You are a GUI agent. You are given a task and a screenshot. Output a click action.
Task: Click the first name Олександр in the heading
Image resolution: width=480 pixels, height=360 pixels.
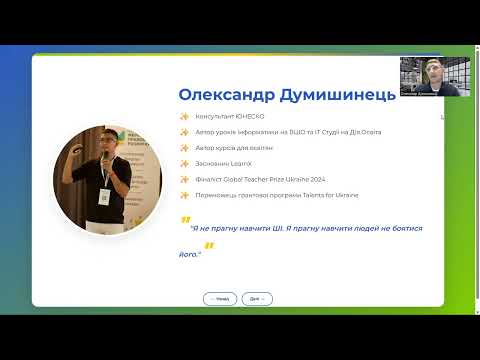222,95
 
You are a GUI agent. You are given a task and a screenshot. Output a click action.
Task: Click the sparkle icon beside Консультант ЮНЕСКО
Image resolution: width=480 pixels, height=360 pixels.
184,117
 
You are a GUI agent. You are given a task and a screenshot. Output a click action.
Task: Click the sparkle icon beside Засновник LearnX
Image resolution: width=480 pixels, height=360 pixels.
184,163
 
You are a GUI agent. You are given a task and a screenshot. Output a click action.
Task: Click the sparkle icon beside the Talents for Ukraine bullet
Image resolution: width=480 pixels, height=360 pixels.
184,194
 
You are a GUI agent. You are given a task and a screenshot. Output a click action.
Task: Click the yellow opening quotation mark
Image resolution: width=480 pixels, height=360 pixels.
185,220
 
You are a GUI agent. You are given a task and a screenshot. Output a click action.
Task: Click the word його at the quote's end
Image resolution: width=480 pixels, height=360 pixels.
188,254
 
